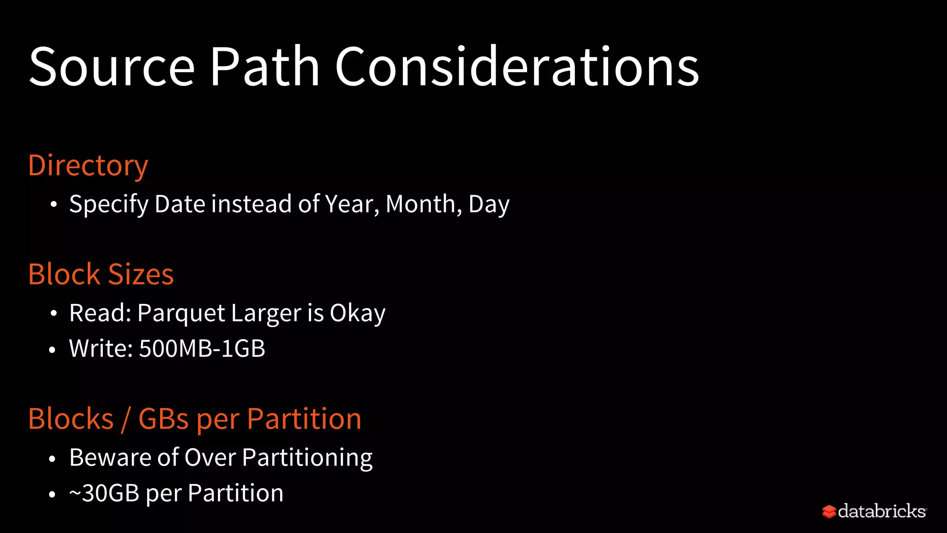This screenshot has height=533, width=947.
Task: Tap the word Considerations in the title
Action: [517, 67]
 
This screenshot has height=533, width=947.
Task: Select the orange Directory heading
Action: [88, 166]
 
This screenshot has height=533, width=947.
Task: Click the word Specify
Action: [109, 204]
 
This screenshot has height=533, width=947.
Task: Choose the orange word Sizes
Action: [141, 274]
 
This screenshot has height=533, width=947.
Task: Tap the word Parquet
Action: [181, 313]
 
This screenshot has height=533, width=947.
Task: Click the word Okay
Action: [357, 313]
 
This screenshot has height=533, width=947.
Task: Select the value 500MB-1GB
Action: [202, 348]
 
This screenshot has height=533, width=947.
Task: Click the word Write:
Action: [101, 348]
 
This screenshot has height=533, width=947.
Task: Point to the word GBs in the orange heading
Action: [163, 419]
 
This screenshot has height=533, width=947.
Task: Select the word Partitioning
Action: [307, 458]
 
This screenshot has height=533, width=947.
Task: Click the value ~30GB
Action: [104, 493]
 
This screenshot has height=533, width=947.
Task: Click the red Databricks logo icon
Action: [829, 512]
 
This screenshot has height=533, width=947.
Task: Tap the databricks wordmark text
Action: [881, 511]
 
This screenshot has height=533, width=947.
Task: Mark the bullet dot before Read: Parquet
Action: [54, 314]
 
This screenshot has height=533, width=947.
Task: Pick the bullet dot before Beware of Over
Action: [52, 459]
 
